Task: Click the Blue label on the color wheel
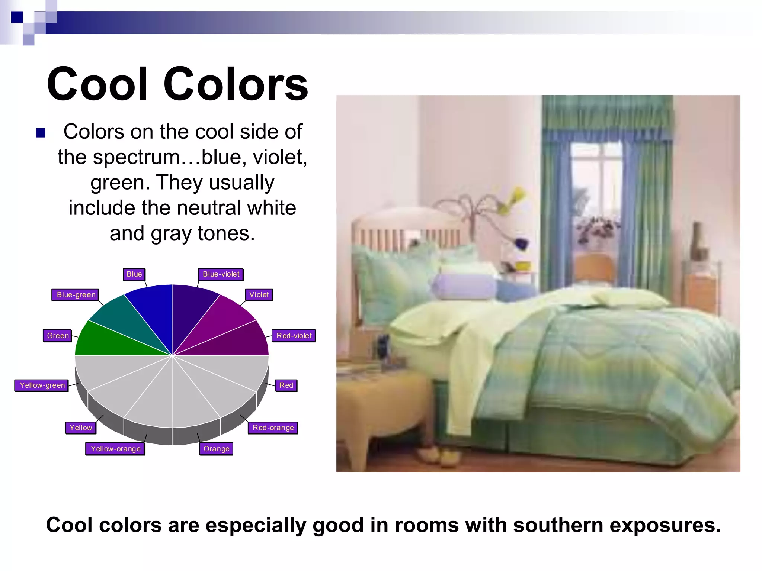coord(134,274)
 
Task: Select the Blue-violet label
coord(221,274)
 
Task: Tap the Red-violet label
coord(294,336)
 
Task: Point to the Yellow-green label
coord(42,385)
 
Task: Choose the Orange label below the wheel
coord(216,449)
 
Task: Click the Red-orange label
coord(273,428)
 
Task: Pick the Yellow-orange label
coord(115,449)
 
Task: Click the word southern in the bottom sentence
coord(556,525)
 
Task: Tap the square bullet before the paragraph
coord(41,133)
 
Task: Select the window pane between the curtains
coord(595,186)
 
